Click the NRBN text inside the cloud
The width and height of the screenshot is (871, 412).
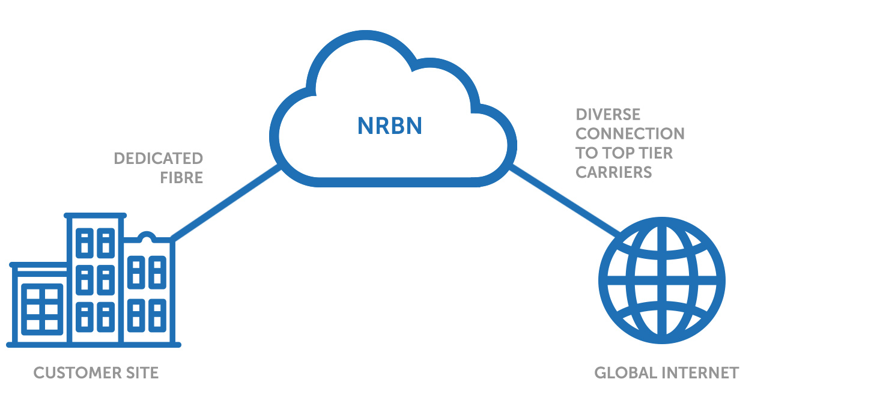click(x=390, y=126)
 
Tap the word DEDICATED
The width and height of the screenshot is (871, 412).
click(x=159, y=159)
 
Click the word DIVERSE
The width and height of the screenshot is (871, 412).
click(x=608, y=115)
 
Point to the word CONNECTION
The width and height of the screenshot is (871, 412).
click(x=630, y=134)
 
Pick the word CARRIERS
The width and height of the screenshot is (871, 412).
click(x=613, y=172)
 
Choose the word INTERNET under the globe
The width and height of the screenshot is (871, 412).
click(x=700, y=373)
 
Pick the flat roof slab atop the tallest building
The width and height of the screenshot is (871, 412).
click(x=96, y=214)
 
